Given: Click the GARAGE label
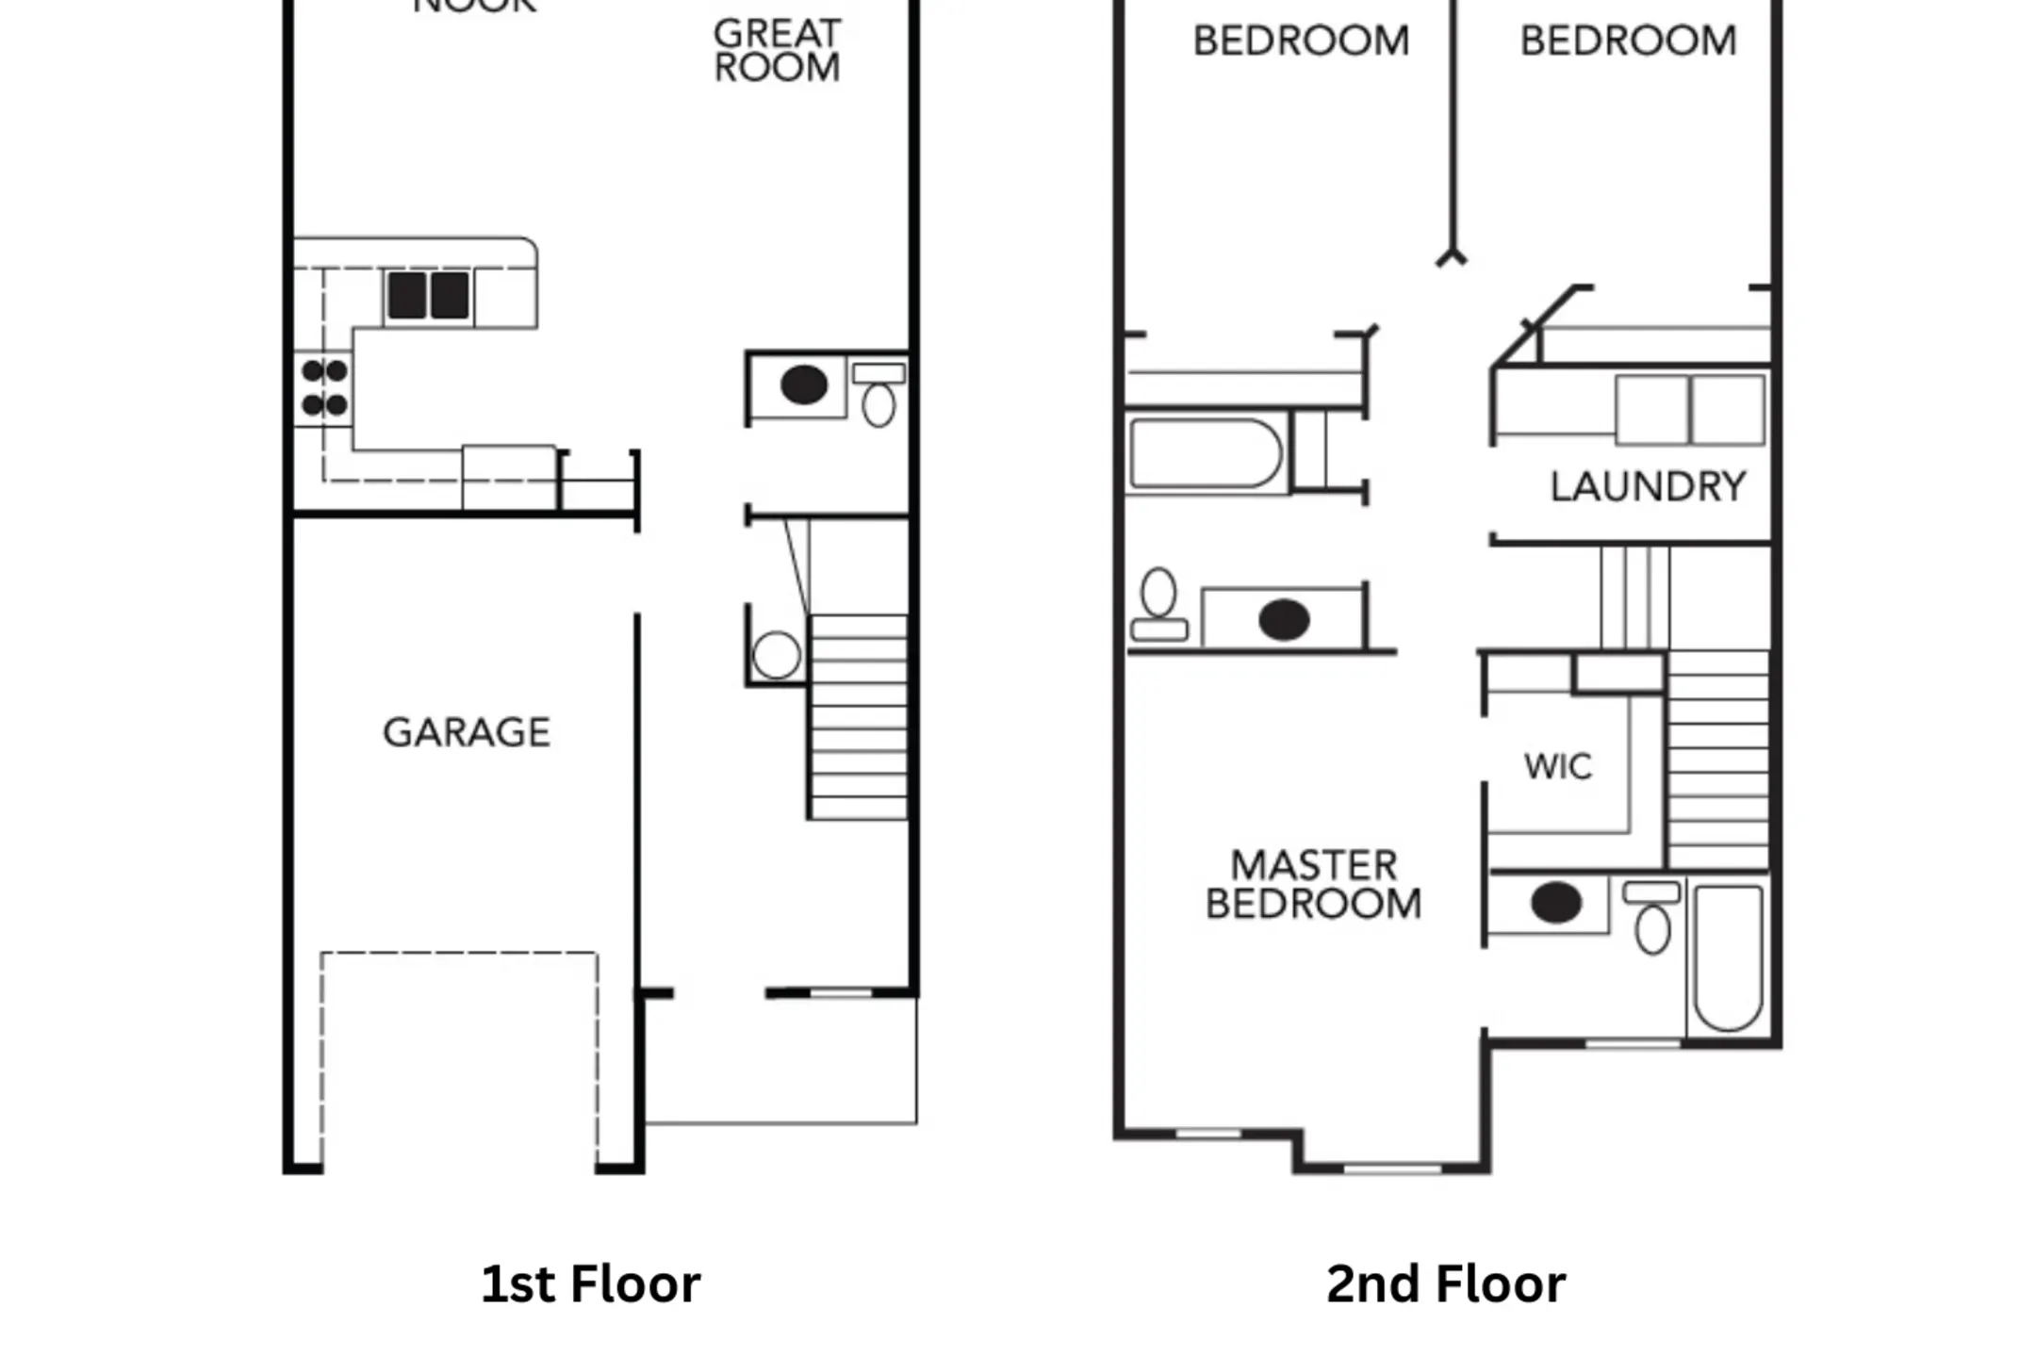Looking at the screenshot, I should [x=467, y=733].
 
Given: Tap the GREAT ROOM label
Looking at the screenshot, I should [x=777, y=51].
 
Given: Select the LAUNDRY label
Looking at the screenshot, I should [x=1648, y=487].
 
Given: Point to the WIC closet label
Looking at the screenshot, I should [x=1558, y=767].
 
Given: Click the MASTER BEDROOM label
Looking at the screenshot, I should [x=1314, y=885].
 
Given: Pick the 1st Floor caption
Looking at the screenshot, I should [x=590, y=1284].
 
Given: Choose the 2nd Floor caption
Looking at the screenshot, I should [x=1446, y=1284].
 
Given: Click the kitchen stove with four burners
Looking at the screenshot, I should [x=324, y=388].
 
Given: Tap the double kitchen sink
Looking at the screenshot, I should [x=428, y=295].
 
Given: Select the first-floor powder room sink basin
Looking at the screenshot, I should [x=804, y=384].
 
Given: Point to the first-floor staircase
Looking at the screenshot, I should [x=858, y=716].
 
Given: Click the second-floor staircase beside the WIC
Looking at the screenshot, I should [x=1717, y=760].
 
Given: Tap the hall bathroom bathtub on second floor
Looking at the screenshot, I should [x=1206, y=454].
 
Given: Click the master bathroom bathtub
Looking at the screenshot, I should [x=1728, y=956].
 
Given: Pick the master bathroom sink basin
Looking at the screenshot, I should [x=1555, y=903].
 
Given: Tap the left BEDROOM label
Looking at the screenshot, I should [x=1301, y=41].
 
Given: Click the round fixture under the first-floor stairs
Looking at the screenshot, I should [x=777, y=655].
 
